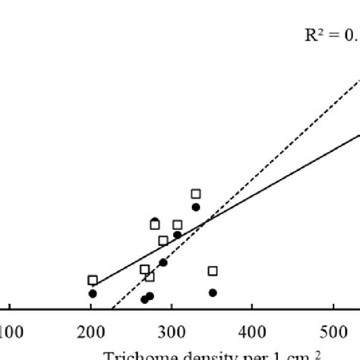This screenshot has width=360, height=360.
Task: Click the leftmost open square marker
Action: tap(93, 280)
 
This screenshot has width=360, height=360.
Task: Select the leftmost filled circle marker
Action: tap(93, 293)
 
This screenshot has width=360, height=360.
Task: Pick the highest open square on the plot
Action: tap(196, 194)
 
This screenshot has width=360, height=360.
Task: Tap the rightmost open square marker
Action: tap(213, 271)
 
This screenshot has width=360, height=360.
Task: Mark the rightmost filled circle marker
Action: tap(213, 292)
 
